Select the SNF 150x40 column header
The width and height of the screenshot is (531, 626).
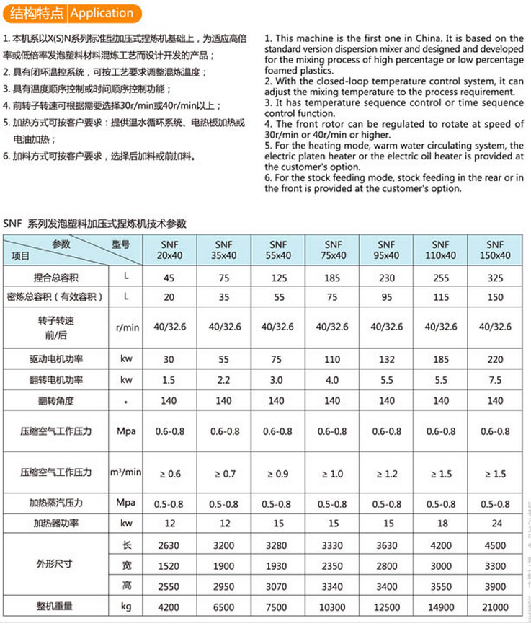pyautogui.click(x=495, y=250)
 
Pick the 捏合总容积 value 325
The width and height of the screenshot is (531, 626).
pyautogui.click(x=495, y=278)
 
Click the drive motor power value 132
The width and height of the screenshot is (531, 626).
pyautogui.click(x=387, y=359)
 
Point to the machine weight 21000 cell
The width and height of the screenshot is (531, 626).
pyautogui.click(x=495, y=607)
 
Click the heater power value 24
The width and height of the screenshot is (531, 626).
pyautogui.click(x=495, y=523)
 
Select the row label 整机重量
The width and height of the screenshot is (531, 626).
pyautogui.click(x=55, y=607)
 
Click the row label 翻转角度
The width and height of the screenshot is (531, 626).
pyautogui.click(x=55, y=401)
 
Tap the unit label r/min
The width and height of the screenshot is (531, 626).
pyautogui.click(x=127, y=327)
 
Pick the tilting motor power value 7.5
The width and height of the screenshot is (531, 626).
pyautogui.click(x=495, y=380)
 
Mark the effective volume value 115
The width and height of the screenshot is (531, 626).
pyautogui.click(x=441, y=297)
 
